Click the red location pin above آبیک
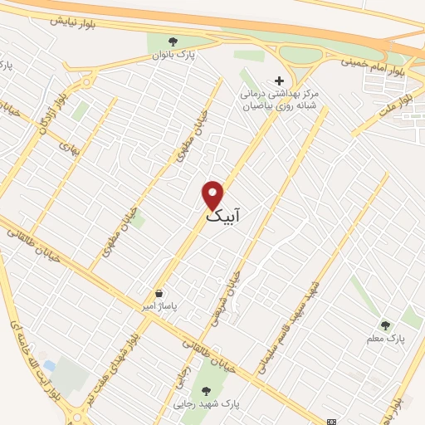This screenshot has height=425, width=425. coord(213,193)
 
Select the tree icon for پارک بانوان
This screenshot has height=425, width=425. coord(173,42)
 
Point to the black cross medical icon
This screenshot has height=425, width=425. coord(279,81)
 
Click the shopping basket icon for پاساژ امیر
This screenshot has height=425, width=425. coord(159,293)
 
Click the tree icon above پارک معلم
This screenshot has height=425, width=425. coord(384,325)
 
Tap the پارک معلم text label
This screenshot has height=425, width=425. coord(384,340)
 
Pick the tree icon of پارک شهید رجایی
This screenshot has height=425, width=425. coord(205,389)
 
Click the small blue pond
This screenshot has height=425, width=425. coord(50,365)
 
